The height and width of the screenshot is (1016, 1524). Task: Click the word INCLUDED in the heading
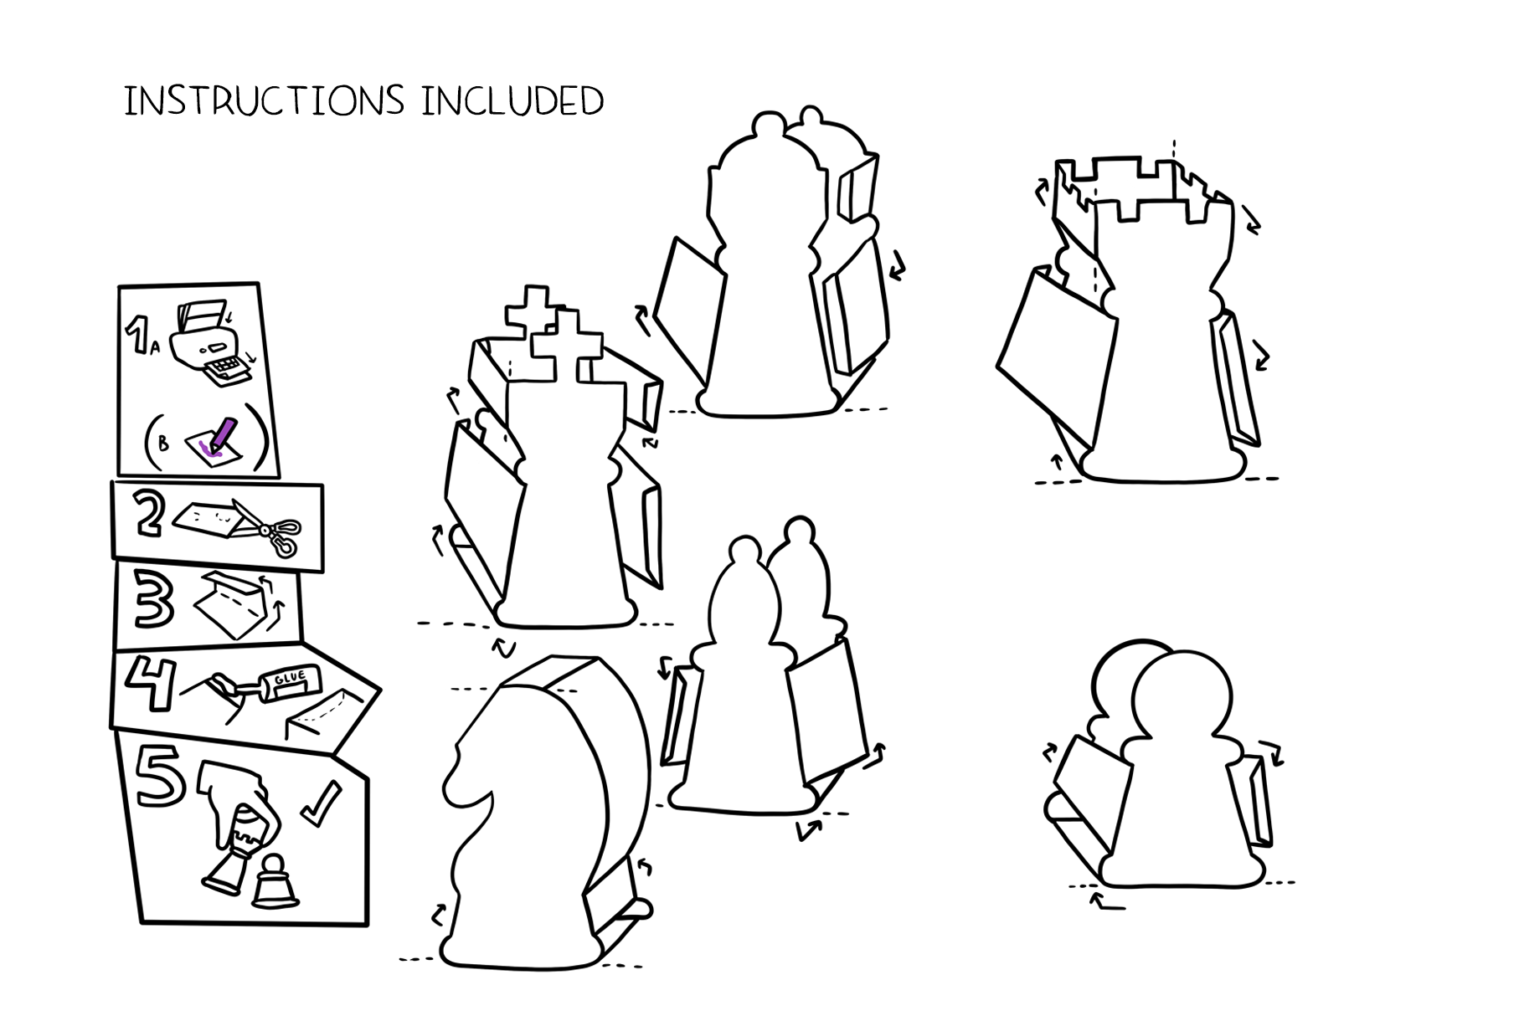tap(512, 100)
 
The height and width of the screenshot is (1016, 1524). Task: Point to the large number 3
tap(156, 603)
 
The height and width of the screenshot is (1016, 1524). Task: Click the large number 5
tap(161, 778)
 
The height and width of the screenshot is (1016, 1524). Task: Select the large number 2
tap(151, 516)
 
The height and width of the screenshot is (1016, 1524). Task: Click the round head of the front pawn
tap(1182, 695)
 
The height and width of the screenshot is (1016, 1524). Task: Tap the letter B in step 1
tap(163, 443)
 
